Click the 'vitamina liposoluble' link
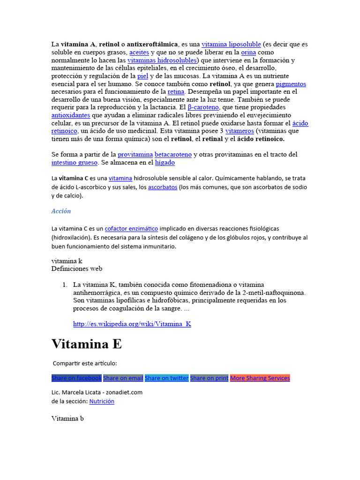[231, 45]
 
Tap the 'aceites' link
[139, 52]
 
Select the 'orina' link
[248, 52]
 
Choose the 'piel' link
[142, 76]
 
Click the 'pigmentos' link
[291, 84]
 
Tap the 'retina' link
[176, 92]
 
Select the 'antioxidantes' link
[71, 115]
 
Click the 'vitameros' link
[240, 131]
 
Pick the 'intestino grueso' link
[75, 163]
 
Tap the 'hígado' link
[165, 163]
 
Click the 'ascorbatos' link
[163, 187]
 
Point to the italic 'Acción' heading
[61, 211]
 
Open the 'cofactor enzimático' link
[131, 228]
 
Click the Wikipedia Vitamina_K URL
[132, 324]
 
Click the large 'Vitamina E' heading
[87, 344]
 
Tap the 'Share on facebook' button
[76, 378]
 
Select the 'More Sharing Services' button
[260, 378]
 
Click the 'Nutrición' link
[102, 401]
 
